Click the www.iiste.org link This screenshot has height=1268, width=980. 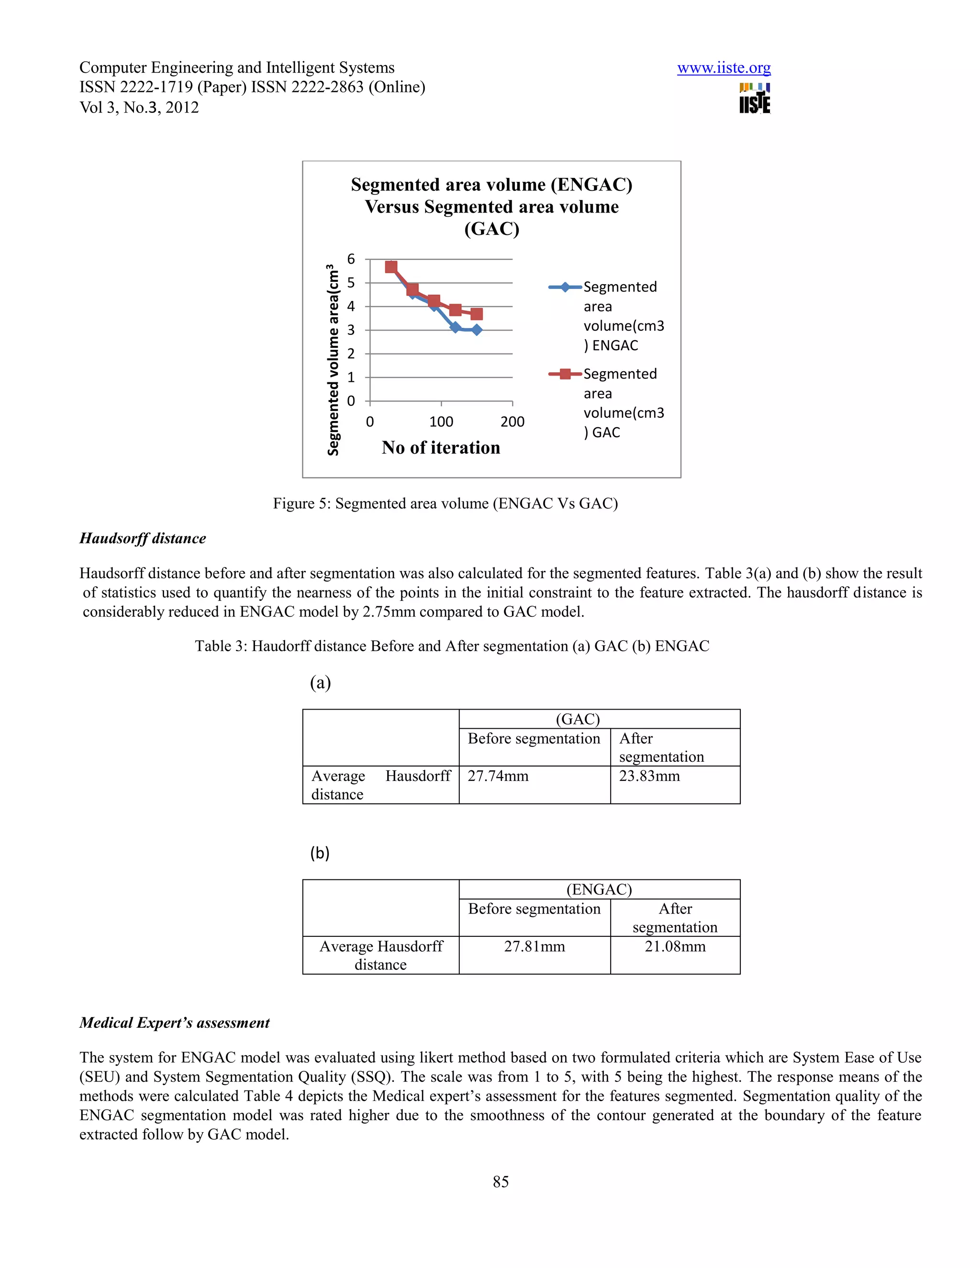[x=724, y=68]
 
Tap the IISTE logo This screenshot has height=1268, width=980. [x=754, y=99]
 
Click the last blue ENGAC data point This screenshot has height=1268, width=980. [x=477, y=330]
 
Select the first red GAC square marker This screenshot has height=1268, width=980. [x=391, y=267]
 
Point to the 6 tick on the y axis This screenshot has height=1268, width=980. [x=351, y=259]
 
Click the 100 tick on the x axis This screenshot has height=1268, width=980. [x=441, y=422]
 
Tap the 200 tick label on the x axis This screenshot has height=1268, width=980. [x=512, y=422]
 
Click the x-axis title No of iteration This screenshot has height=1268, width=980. [x=441, y=448]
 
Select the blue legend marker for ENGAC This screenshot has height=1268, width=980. [x=565, y=287]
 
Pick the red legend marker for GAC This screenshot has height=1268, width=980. [x=565, y=374]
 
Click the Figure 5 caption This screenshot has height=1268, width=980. [x=445, y=503]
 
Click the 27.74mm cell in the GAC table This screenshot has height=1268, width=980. [x=498, y=776]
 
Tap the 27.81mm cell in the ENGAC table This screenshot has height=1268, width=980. [x=534, y=946]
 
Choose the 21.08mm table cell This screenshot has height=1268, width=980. [x=675, y=946]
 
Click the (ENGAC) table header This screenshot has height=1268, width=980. [x=599, y=890]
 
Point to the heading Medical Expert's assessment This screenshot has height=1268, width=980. [x=174, y=1023]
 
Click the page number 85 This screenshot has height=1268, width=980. [x=501, y=1181]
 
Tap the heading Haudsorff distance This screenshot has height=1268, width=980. [x=143, y=538]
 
